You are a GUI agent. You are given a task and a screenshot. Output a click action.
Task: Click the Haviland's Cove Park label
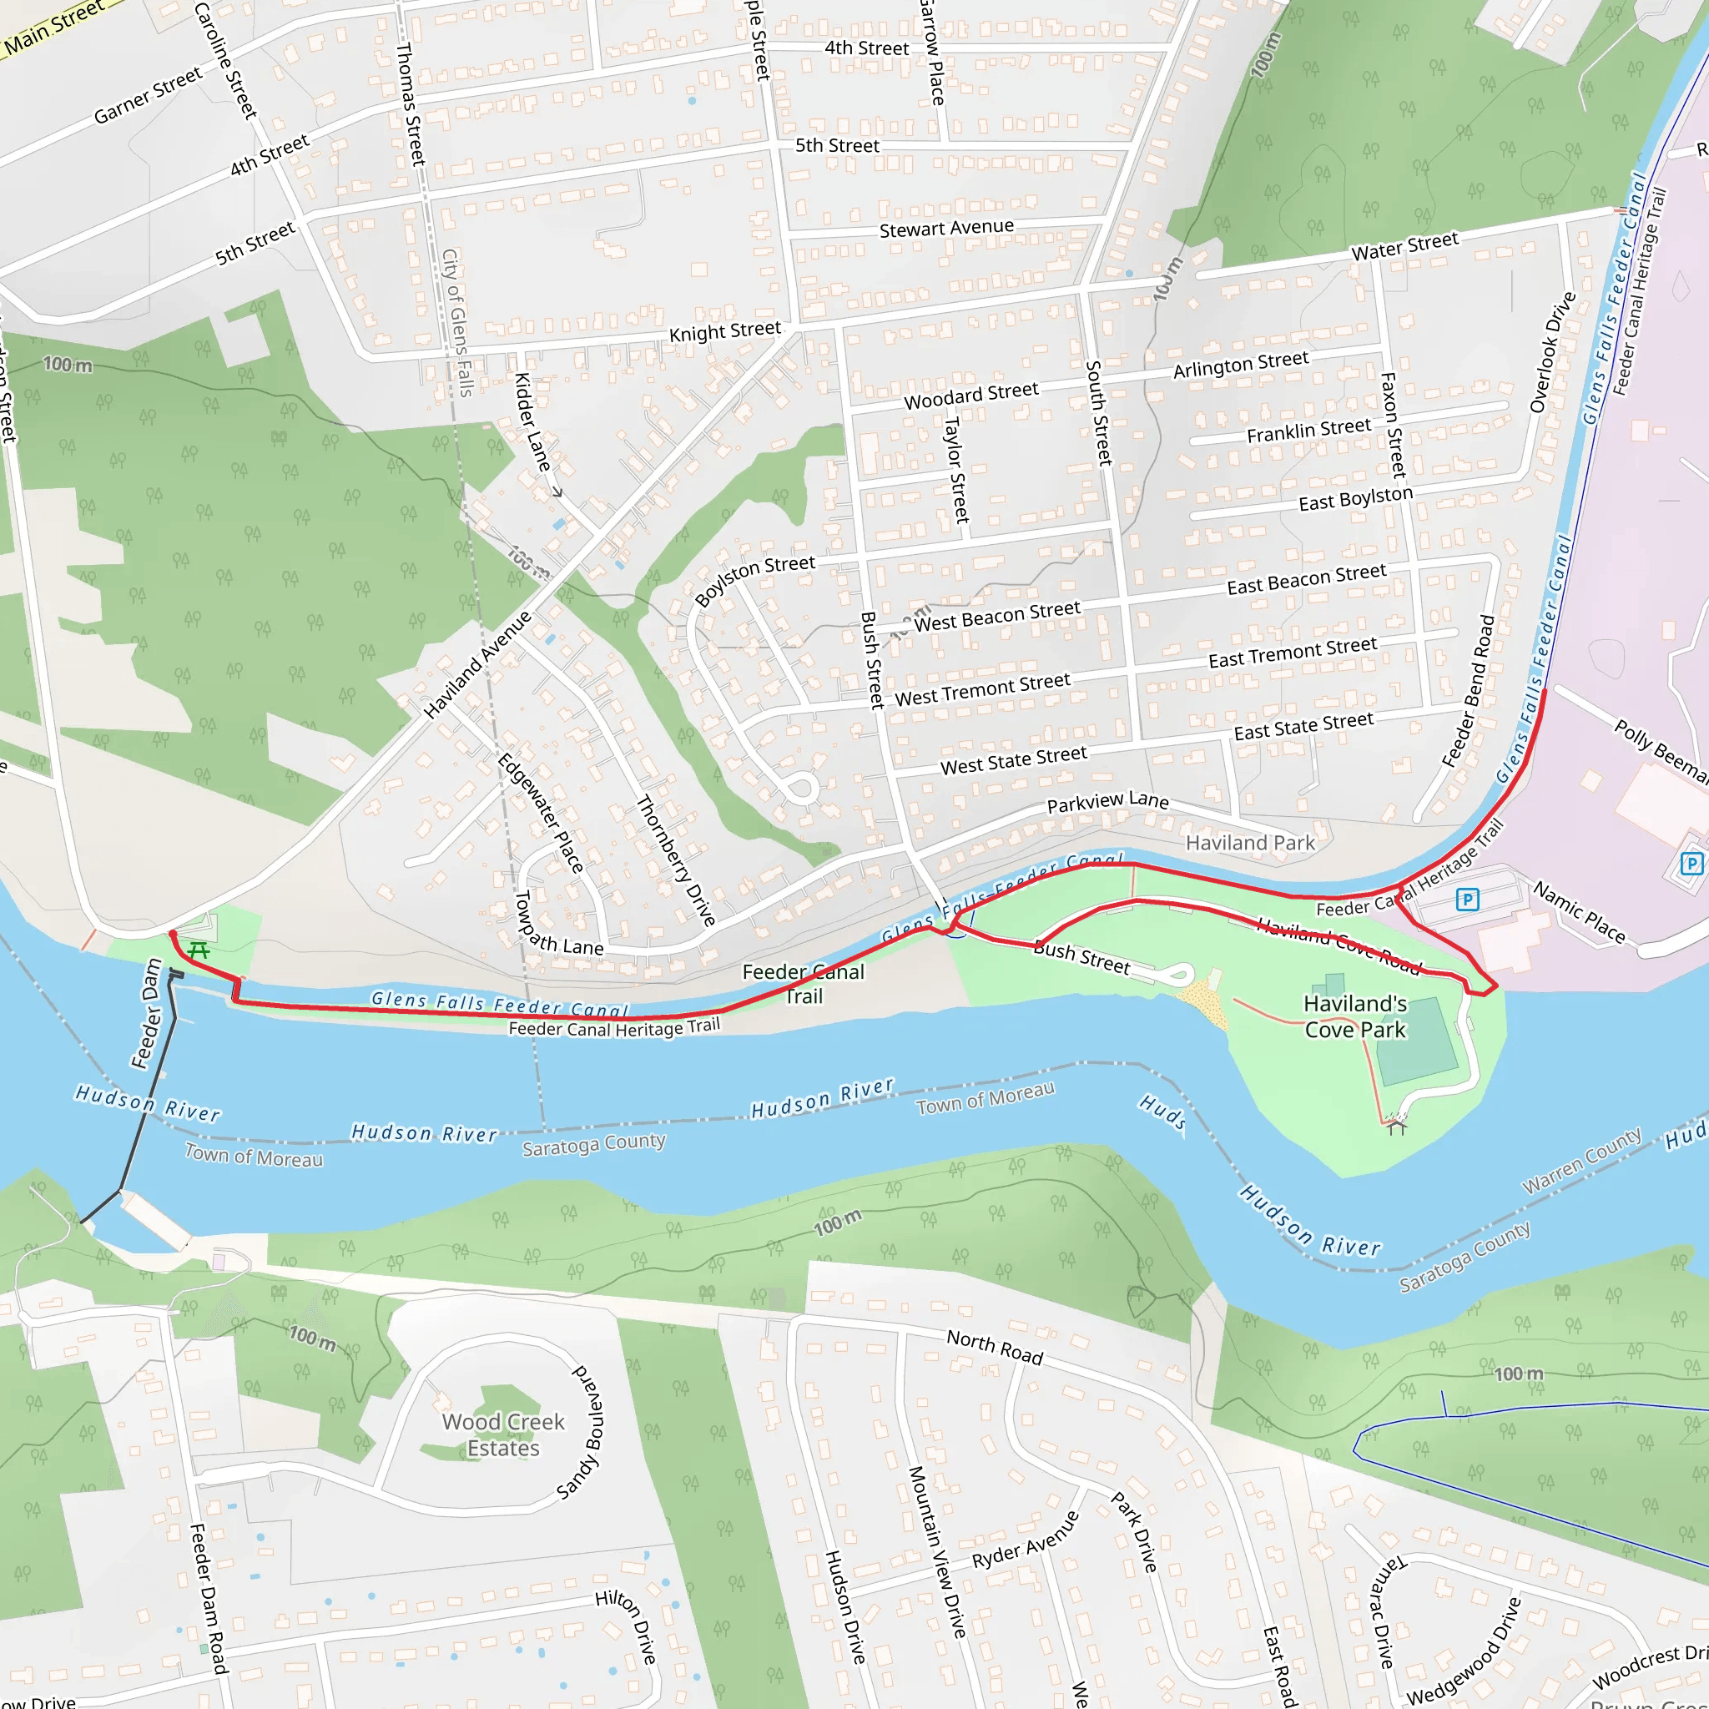point(1355,1016)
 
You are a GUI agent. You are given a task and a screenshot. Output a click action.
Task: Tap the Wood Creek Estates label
point(502,1434)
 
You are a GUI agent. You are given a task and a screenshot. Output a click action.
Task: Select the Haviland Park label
point(1250,843)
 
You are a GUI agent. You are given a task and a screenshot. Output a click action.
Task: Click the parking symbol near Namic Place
point(1468,900)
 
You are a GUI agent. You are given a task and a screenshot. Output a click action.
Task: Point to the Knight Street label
point(724,332)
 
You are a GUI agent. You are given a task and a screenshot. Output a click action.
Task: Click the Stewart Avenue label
point(945,228)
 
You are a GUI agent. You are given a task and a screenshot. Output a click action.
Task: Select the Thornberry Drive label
point(676,860)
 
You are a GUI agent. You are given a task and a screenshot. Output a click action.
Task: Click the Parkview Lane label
point(1107,801)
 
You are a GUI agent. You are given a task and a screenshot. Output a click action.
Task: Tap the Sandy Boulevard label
point(583,1434)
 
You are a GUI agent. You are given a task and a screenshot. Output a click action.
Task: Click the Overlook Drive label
point(1552,352)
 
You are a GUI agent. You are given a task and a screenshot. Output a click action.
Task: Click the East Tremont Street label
point(1293,653)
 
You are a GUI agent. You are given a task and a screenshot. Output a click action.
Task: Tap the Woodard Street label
point(970,396)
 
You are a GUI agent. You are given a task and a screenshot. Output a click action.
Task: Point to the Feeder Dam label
point(147,1014)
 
